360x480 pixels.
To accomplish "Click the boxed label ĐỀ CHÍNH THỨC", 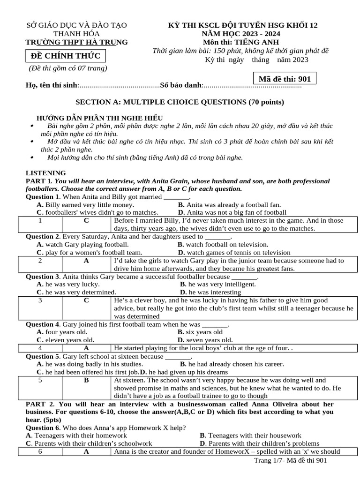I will click(66, 56).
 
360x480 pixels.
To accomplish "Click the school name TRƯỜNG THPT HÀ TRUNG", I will click(76, 42).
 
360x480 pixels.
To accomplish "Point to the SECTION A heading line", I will click(180, 102).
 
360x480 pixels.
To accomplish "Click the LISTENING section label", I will click(45, 173).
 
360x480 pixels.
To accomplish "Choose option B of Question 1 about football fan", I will click(229, 205).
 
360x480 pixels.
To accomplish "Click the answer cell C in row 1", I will click(86, 220).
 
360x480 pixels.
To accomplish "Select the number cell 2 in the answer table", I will click(40, 260).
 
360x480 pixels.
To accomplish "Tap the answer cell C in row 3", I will click(86, 300).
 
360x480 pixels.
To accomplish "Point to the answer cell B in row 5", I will click(86, 380).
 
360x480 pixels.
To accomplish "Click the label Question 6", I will click(42, 427).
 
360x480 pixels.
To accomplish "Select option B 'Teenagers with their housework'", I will click(250, 435).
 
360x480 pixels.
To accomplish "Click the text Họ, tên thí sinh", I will click(52, 85).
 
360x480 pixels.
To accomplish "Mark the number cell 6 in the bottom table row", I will click(40, 452).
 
